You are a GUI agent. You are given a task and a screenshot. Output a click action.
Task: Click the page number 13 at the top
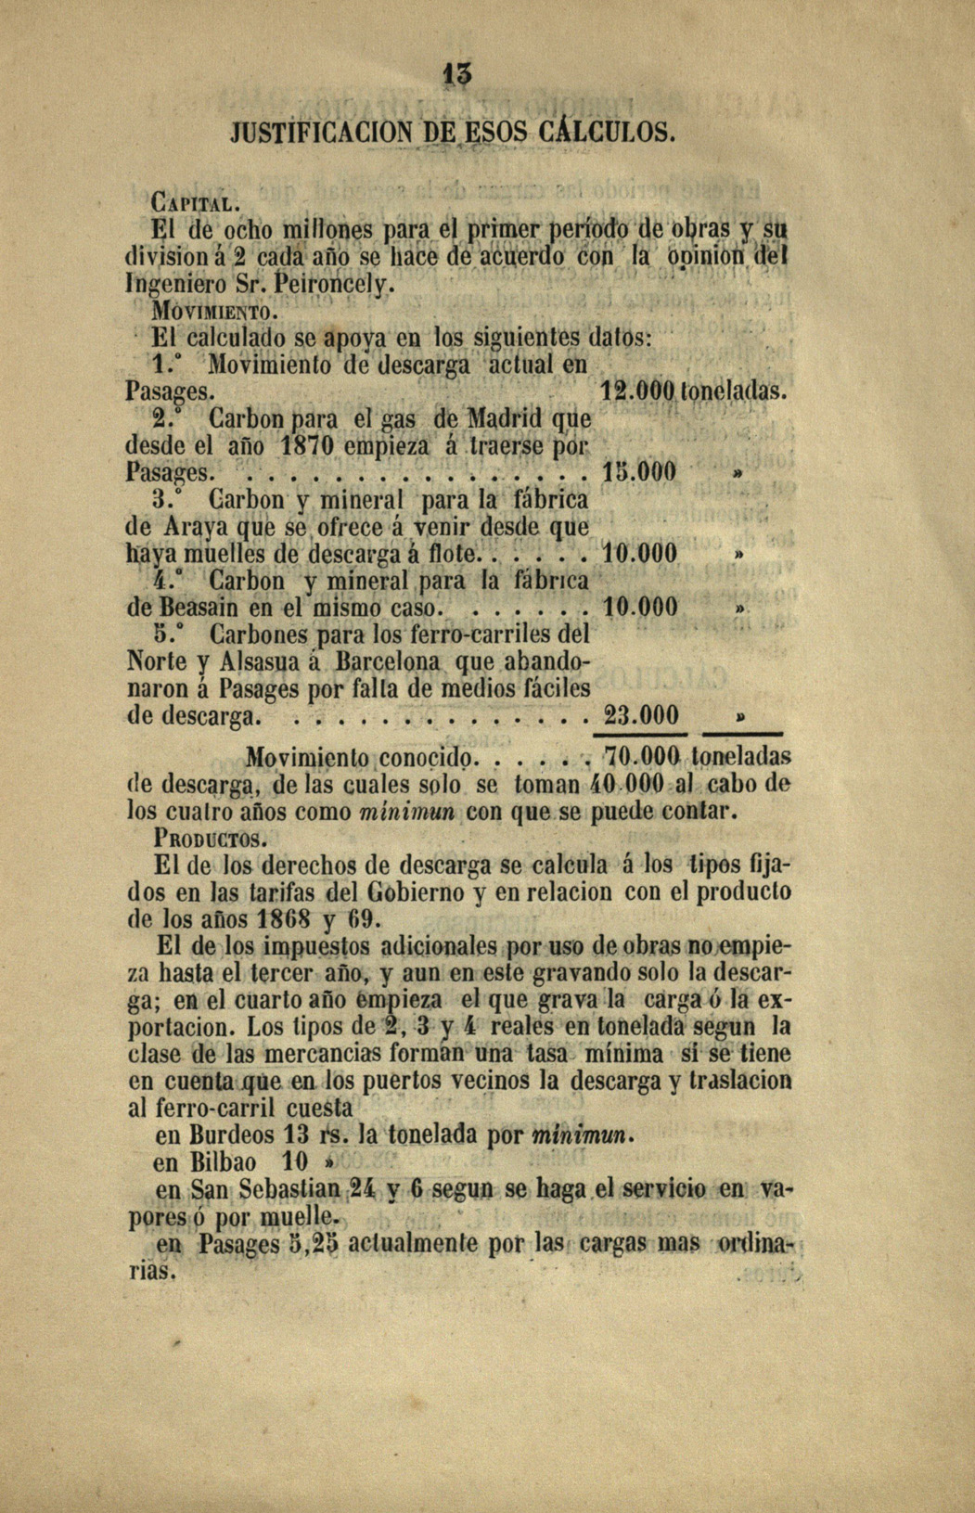pos(457,73)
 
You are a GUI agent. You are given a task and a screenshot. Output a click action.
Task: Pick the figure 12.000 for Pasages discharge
pos(635,391)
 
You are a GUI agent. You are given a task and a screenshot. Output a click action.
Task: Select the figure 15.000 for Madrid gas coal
pos(639,472)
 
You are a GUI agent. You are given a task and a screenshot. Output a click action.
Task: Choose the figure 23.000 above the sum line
pos(641,716)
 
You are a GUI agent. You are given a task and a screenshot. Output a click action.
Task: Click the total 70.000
pos(642,756)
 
